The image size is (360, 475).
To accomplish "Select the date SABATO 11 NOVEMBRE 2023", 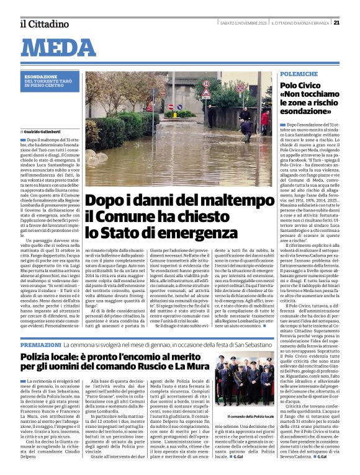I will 243,23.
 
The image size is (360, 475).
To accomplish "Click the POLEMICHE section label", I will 299,74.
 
